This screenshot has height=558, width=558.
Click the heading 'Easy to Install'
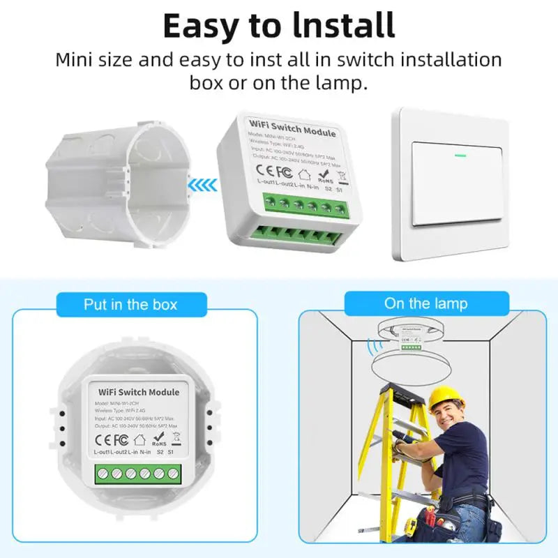(x=279, y=25)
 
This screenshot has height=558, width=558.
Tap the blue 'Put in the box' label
(x=130, y=305)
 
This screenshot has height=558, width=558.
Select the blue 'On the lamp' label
(x=425, y=303)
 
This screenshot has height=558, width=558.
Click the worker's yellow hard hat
(x=446, y=398)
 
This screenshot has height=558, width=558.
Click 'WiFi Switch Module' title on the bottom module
(x=139, y=392)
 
